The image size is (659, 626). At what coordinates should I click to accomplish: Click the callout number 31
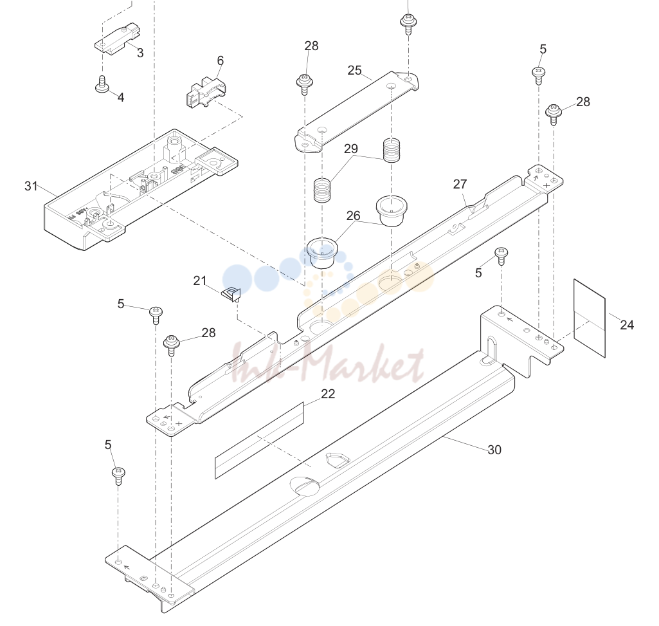click(31, 186)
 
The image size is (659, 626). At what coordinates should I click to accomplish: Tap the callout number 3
click(140, 53)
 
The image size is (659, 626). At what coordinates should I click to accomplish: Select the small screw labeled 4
click(102, 84)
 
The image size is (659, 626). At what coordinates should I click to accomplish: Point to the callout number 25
click(354, 70)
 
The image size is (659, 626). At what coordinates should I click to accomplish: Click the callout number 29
click(351, 149)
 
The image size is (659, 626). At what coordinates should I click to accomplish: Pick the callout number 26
click(354, 216)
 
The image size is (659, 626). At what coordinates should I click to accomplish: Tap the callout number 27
click(460, 184)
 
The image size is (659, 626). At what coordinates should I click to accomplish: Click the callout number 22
click(328, 394)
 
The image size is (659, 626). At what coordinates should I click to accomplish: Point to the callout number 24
click(627, 325)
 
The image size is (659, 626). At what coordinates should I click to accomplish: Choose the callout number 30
click(494, 450)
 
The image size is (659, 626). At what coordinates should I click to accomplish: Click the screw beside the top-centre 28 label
click(304, 84)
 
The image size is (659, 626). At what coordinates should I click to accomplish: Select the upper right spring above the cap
click(392, 150)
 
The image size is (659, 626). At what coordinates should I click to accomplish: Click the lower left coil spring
click(323, 190)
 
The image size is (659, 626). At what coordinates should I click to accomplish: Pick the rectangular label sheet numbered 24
click(589, 318)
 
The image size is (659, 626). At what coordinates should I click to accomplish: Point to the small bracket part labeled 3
click(117, 39)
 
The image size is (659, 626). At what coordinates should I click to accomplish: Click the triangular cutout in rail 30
click(337, 459)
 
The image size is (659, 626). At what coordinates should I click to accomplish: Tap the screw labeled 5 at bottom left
click(118, 475)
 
